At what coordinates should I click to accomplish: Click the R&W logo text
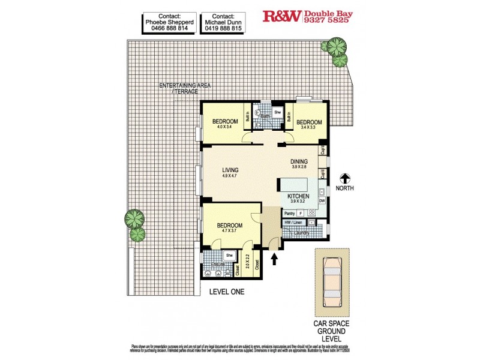[282, 17]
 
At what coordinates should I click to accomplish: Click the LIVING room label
[230, 170]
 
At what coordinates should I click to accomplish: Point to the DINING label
[299, 161]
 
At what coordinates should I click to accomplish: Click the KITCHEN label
[298, 197]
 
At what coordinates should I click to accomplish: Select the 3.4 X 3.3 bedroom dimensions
[309, 128]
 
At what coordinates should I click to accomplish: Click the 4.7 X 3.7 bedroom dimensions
[230, 231]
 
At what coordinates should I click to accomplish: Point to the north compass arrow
[345, 178]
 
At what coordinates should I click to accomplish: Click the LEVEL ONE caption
[227, 292]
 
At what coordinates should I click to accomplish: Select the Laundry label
[301, 233]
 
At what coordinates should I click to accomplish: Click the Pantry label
[290, 213]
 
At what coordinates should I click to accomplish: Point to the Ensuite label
[217, 263]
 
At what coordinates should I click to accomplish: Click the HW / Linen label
[293, 223]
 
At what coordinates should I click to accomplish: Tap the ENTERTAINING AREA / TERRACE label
[182, 88]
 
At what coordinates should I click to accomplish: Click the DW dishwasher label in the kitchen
[322, 201]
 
